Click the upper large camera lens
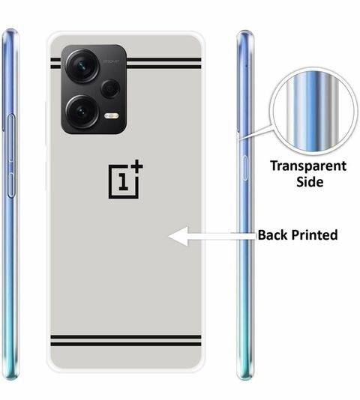(82, 66)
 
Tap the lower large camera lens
(82, 112)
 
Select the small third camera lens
(110, 88)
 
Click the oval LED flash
(112, 116)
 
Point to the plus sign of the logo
(136, 166)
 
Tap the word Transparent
(308, 166)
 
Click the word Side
(310, 182)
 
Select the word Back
(273, 234)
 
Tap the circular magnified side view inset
(313, 112)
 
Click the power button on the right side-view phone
(244, 168)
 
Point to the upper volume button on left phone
(11, 138)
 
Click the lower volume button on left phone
(10, 185)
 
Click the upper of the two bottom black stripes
(126, 337)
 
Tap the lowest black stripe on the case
(126, 344)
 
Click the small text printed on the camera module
(111, 61)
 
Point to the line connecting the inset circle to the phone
(256, 133)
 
